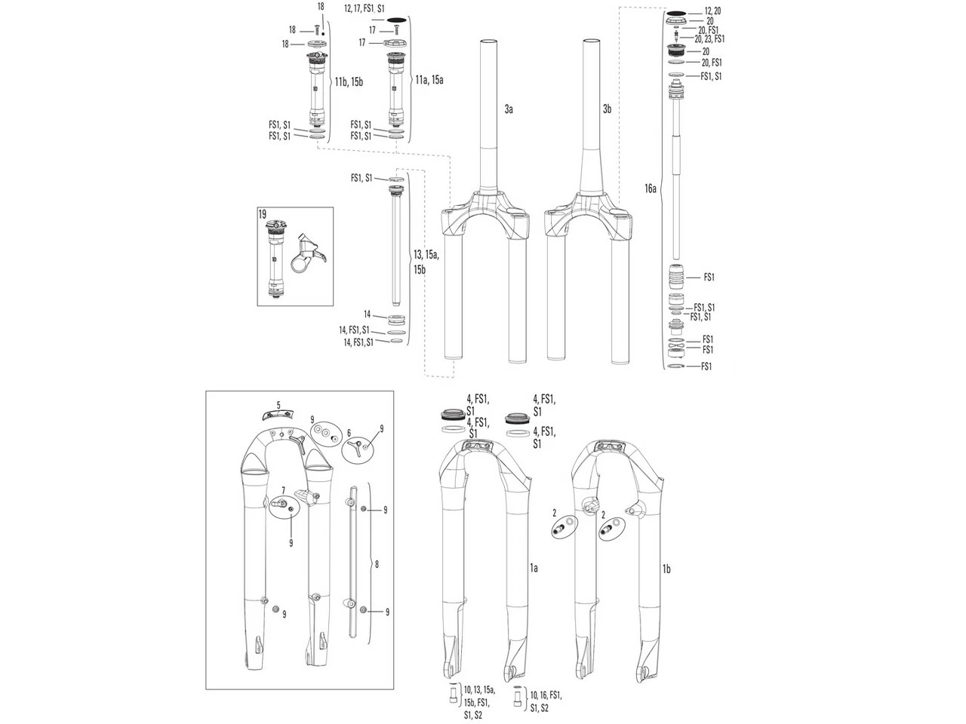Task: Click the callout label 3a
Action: (509, 110)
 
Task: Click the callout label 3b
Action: (607, 110)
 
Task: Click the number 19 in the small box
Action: (263, 215)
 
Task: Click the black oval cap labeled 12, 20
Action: (675, 13)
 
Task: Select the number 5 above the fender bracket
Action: (278, 405)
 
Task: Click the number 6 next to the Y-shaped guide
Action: (349, 432)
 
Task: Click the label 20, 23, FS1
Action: (709, 38)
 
